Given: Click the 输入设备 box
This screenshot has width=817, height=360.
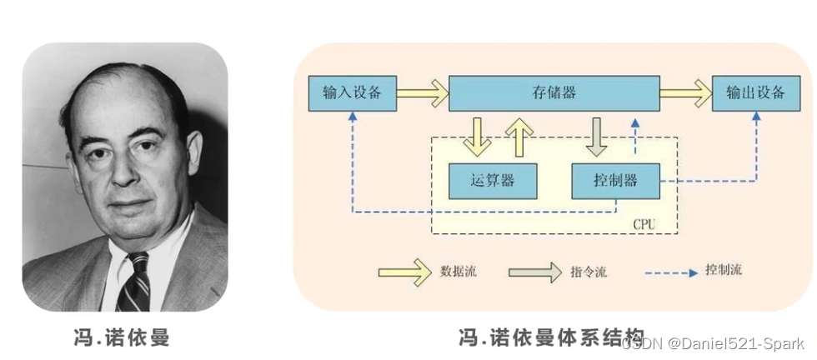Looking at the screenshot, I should [x=352, y=92].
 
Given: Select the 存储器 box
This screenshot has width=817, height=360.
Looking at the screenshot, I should [x=554, y=92].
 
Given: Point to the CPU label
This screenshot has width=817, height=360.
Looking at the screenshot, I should [x=644, y=224].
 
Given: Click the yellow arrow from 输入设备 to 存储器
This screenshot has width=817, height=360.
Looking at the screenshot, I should [x=423, y=92].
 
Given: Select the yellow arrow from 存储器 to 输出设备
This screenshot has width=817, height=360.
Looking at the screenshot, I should [x=685, y=92].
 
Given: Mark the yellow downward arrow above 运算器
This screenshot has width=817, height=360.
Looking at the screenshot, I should [x=478, y=137].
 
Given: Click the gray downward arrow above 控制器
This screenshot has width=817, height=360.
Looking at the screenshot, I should [x=597, y=137].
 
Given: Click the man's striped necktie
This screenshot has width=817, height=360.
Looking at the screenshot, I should [x=133, y=283].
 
